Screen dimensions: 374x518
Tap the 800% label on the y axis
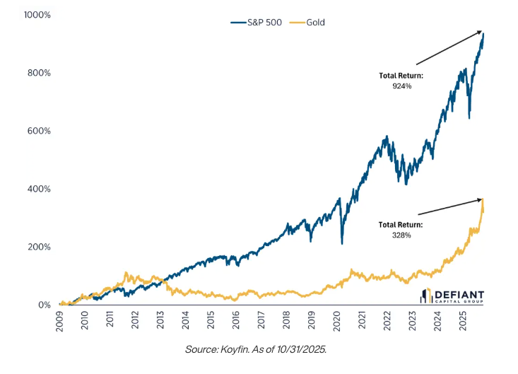[x=37, y=73]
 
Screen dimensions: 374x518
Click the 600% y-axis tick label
[x=37, y=131]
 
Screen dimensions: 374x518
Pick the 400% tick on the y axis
[x=37, y=189]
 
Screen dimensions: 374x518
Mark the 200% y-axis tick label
[x=37, y=247]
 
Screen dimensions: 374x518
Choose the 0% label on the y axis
[x=42, y=305]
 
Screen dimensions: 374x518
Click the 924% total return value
[x=401, y=86]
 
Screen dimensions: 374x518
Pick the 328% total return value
[x=401, y=235]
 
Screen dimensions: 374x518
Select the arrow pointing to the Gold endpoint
[x=449, y=206]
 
